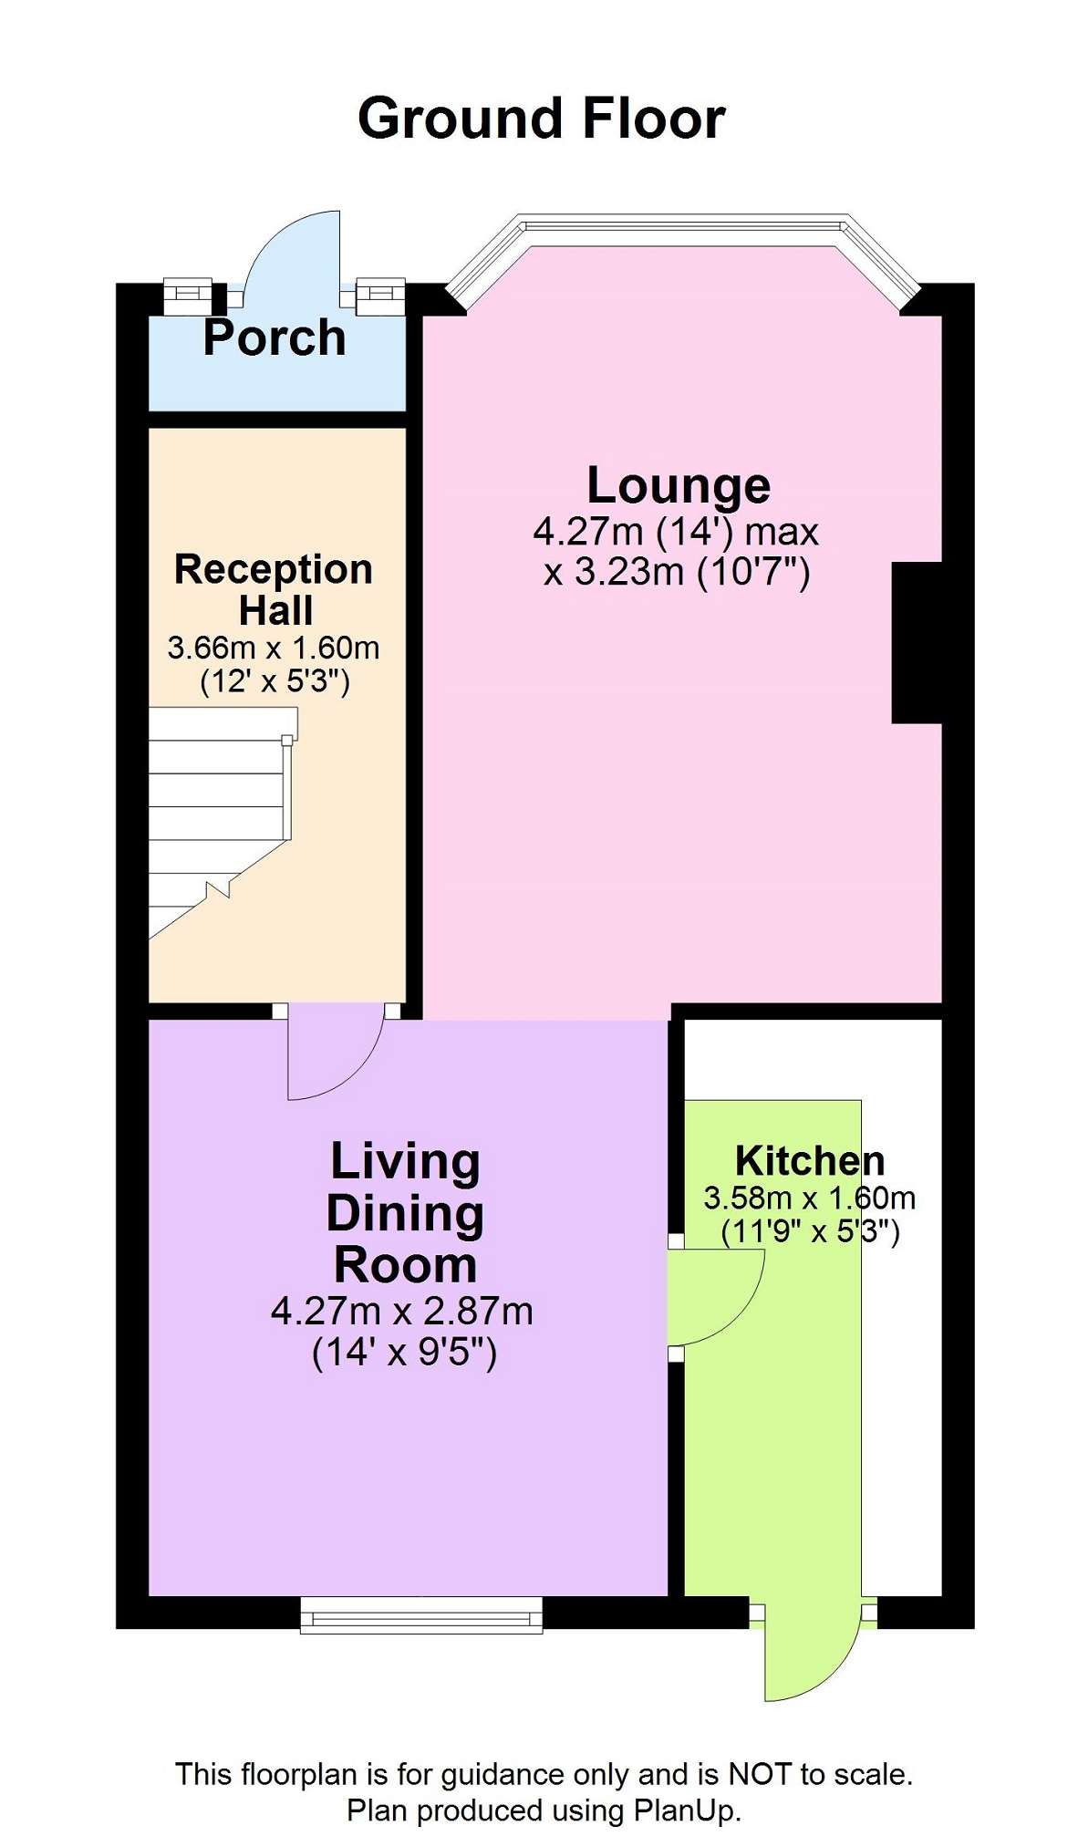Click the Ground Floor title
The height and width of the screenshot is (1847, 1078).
pyautogui.click(x=542, y=119)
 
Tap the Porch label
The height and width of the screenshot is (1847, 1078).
pyautogui.click(x=275, y=337)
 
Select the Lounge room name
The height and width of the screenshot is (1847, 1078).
pyautogui.click(x=679, y=486)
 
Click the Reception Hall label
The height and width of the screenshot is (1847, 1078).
pyautogui.click(x=274, y=589)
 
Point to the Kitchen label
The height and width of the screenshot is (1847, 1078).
pyautogui.click(x=810, y=1161)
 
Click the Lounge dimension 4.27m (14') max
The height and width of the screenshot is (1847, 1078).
pyautogui.click(x=677, y=531)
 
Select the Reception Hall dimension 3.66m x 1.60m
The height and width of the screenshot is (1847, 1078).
pyautogui.click(x=274, y=648)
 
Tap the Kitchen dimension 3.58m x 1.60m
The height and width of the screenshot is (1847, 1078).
pyautogui.click(x=810, y=1198)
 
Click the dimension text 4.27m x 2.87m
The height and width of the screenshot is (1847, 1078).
pyautogui.click(x=402, y=1311)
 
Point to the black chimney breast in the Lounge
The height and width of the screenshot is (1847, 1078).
pyautogui.click(x=917, y=643)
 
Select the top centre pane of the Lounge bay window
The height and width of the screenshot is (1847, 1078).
pyautogui.click(x=683, y=229)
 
